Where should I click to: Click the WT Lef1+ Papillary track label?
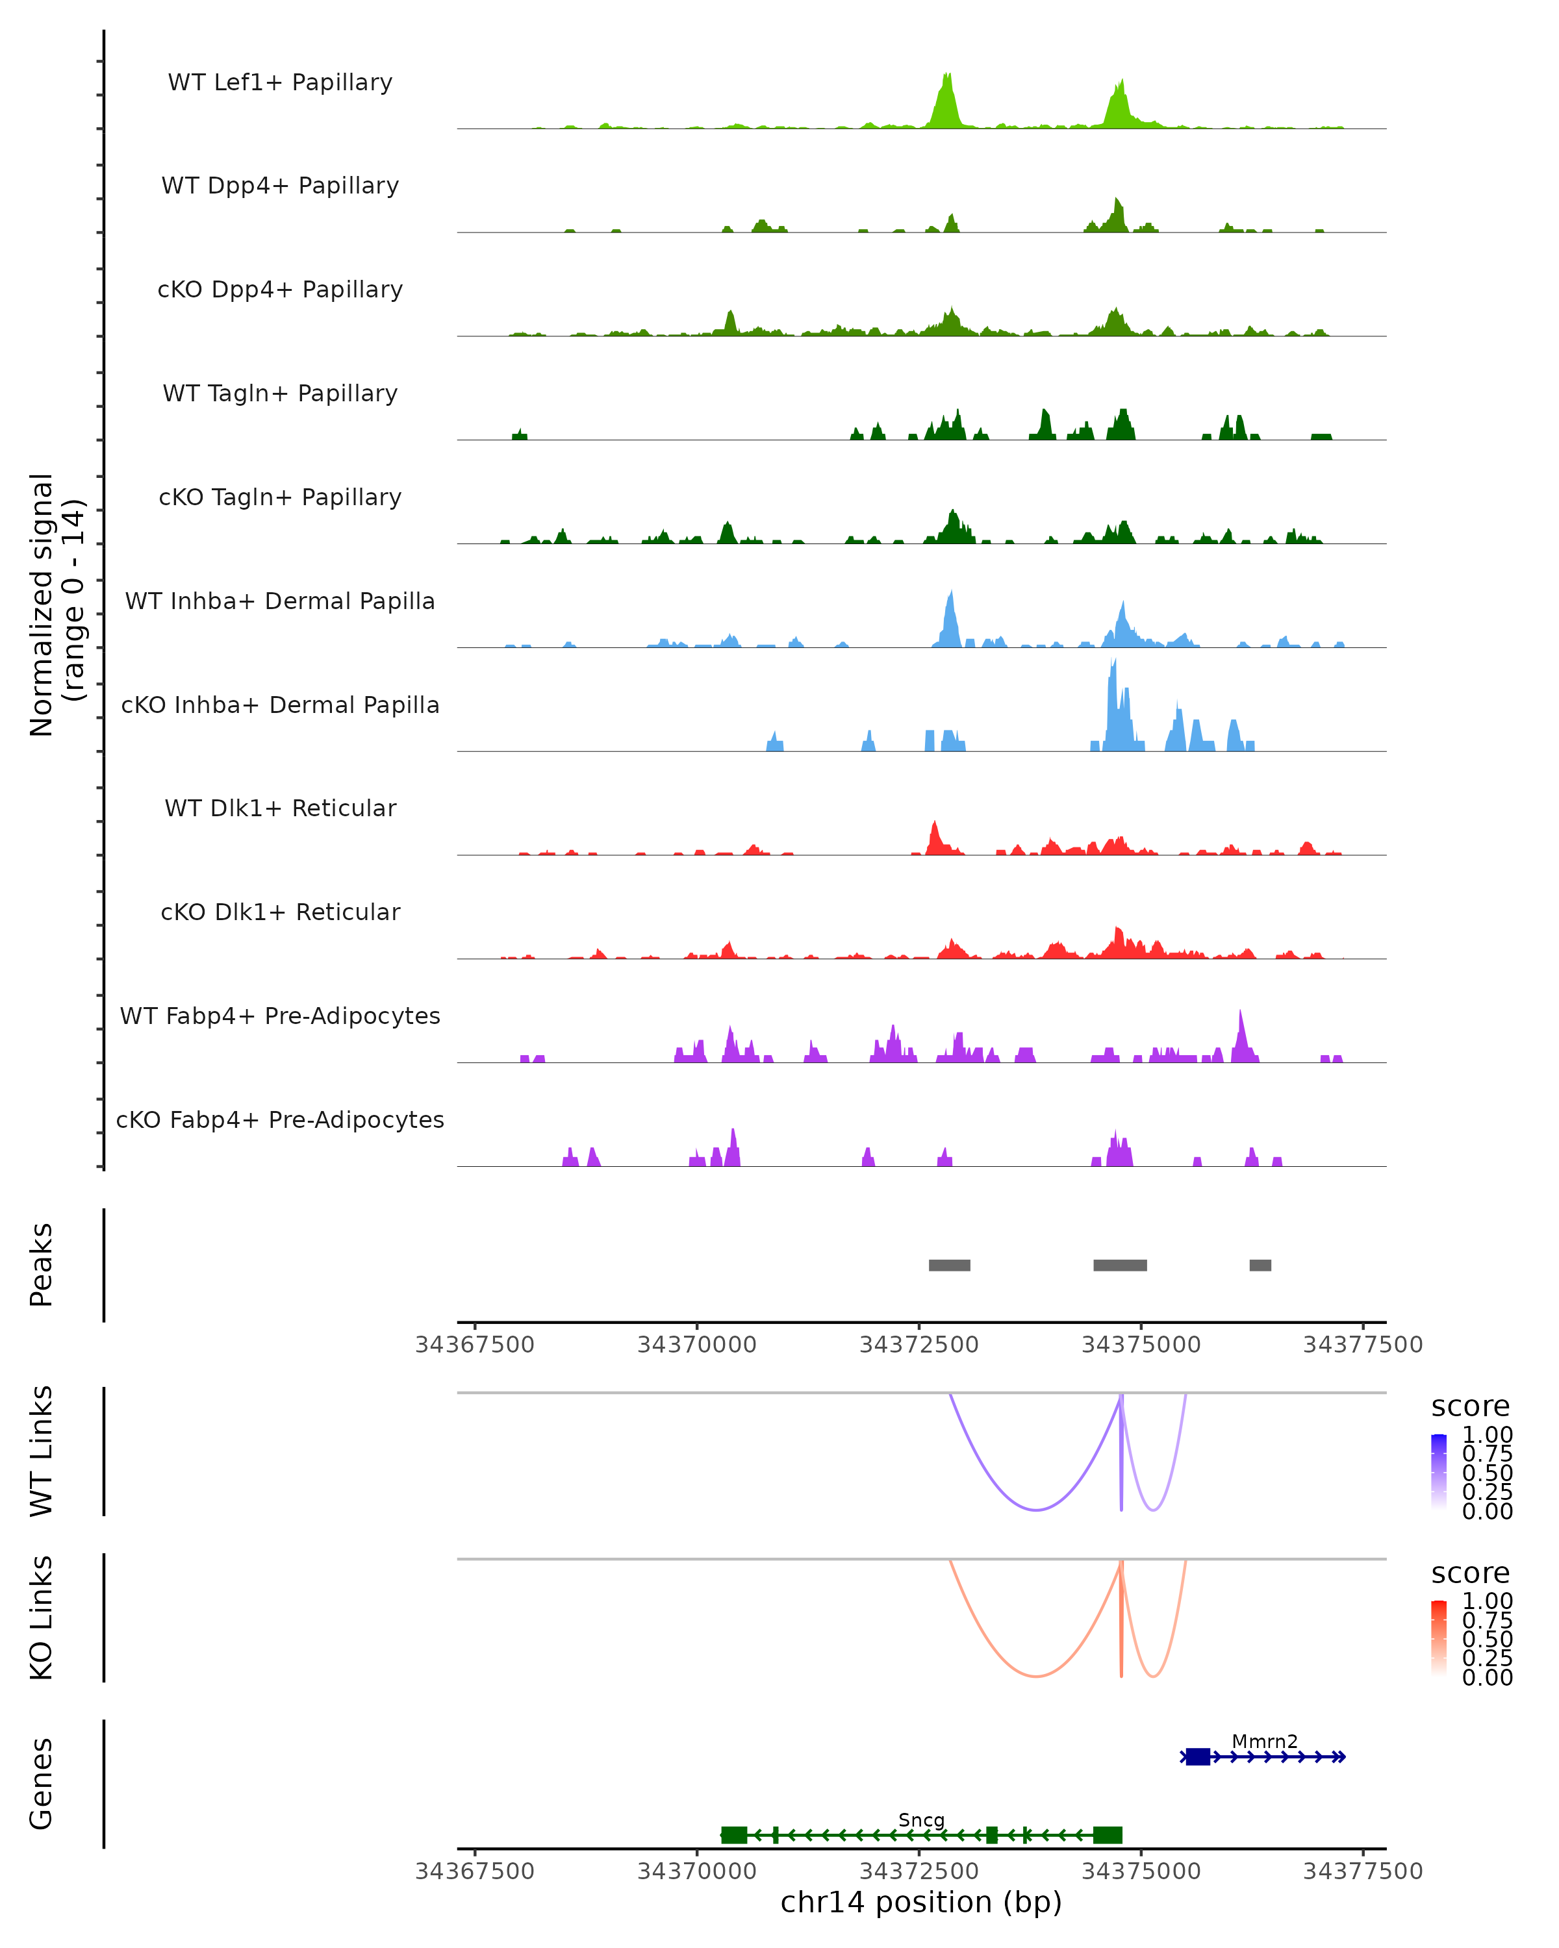(x=280, y=82)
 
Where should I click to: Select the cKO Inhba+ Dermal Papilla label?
(x=280, y=705)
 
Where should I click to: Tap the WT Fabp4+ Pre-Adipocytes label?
(x=280, y=1016)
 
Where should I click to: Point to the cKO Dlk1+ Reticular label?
(x=280, y=912)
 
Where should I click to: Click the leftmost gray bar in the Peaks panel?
(x=949, y=1265)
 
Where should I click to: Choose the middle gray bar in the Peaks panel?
(x=1120, y=1265)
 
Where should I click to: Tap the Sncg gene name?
(x=921, y=1819)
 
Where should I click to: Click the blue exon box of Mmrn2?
(x=1197, y=1756)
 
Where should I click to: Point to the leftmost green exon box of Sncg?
(x=734, y=1834)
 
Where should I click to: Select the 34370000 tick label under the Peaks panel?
(x=697, y=1345)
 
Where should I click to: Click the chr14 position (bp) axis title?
(x=921, y=1902)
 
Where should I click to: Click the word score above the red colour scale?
(x=1471, y=1573)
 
